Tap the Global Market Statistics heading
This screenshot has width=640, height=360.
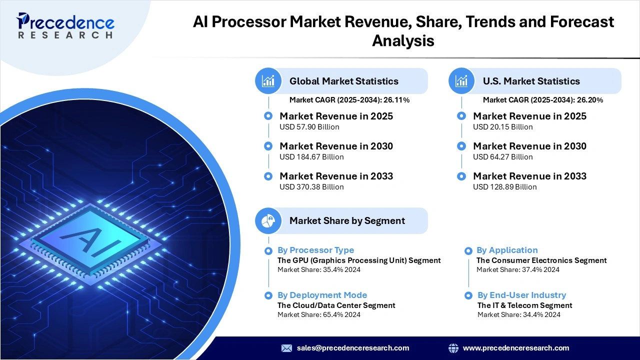(x=343, y=81)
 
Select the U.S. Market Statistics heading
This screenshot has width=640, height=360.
(x=531, y=81)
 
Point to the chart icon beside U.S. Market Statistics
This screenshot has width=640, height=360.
(x=462, y=81)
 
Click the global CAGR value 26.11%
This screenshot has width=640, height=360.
(x=396, y=100)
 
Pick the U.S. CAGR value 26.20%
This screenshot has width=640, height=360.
(x=590, y=100)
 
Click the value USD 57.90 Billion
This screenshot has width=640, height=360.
(x=309, y=127)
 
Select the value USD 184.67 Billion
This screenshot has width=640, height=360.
(x=311, y=157)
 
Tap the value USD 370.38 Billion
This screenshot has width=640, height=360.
(x=311, y=187)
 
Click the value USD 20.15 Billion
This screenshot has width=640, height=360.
(x=502, y=127)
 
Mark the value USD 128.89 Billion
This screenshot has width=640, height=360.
(x=504, y=187)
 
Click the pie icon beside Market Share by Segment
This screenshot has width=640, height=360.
(x=268, y=220)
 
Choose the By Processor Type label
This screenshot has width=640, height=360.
(x=315, y=250)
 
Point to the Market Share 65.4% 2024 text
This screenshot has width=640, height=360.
(x=318, y=314)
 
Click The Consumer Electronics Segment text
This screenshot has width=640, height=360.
(x=541, y=260)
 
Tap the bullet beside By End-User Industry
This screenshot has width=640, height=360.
(x=468, y=295)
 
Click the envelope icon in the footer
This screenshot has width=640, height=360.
(x=286, y=348)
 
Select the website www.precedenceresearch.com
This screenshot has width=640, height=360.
(x=516, y=348)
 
